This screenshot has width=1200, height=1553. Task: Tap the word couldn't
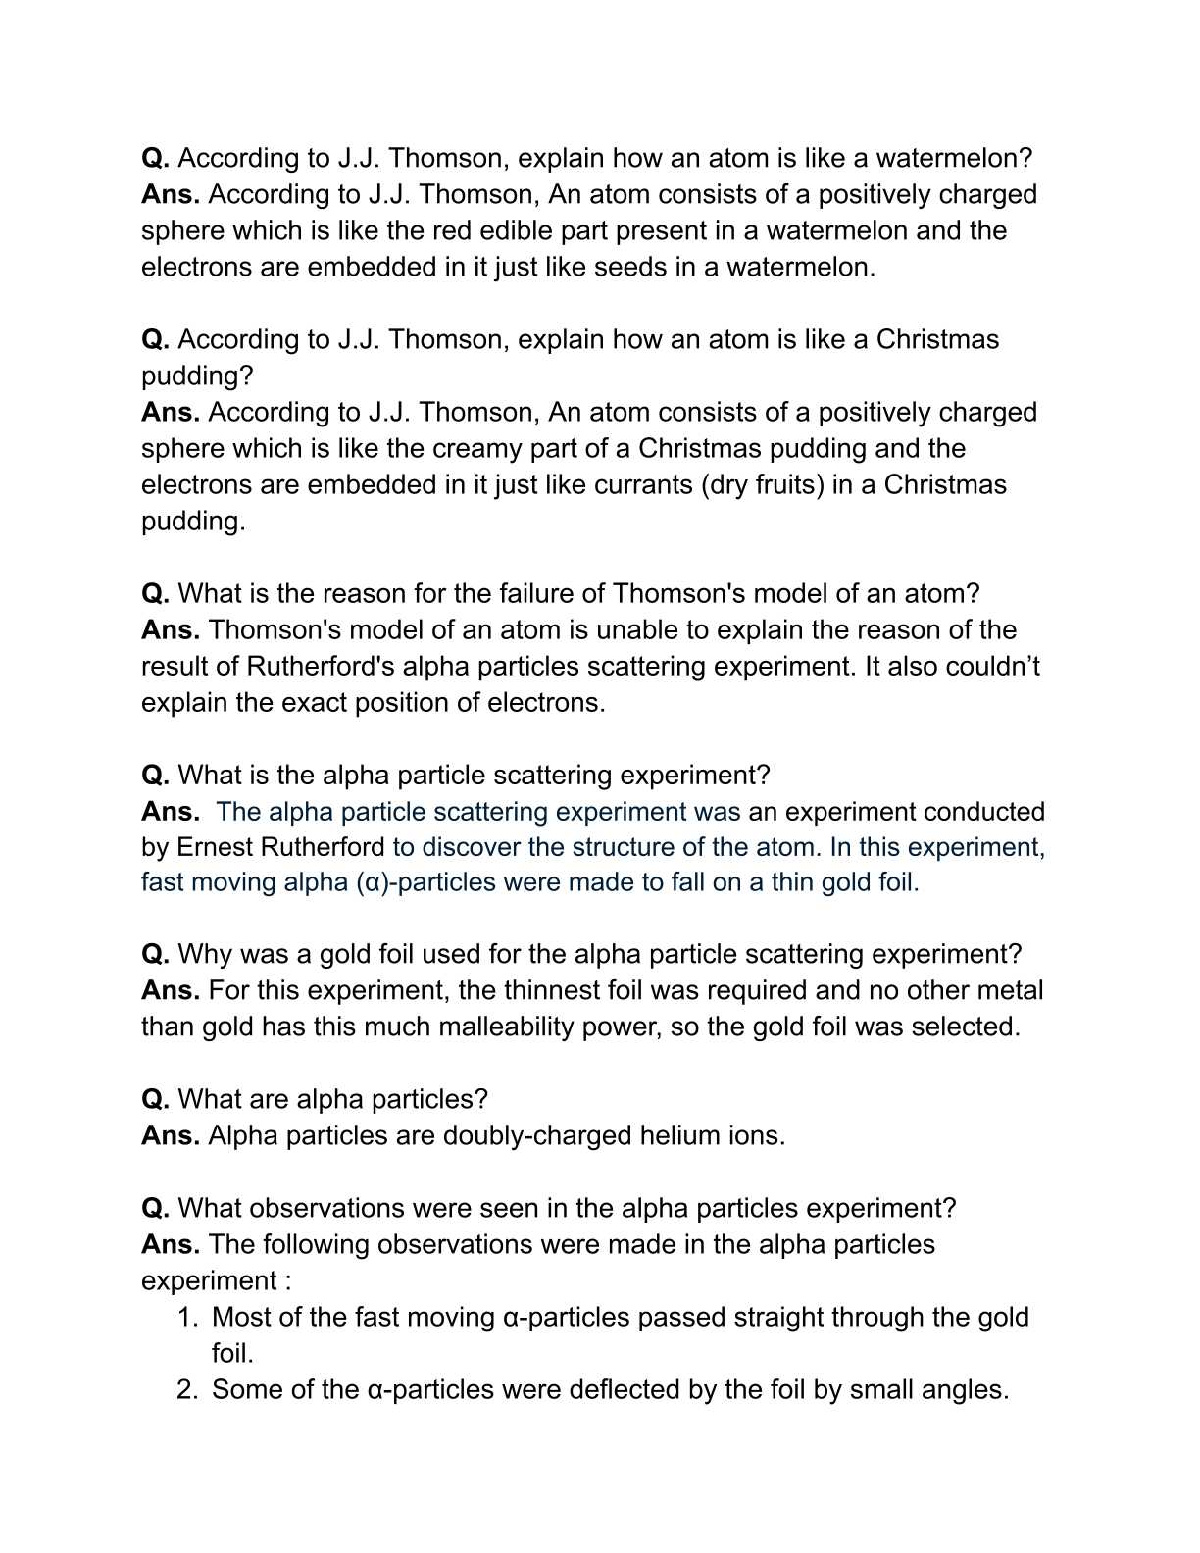[992, 666]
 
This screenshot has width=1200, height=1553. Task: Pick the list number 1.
[187, 1317]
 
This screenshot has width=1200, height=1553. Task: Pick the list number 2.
[187, 1389]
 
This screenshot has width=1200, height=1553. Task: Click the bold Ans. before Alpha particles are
[171, 1135]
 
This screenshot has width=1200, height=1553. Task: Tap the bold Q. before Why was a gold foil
[156, 954]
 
